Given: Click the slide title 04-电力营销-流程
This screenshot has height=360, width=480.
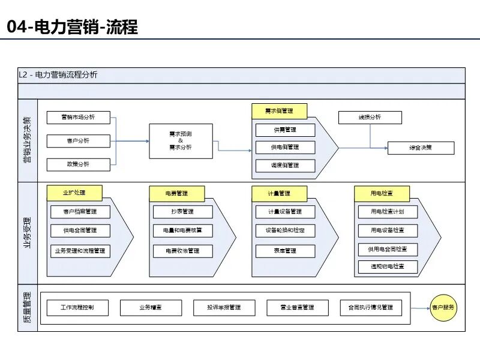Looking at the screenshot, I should point(72,27).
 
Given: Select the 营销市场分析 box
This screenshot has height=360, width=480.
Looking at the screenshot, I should point(79,118).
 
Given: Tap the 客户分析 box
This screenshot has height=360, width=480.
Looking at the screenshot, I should point(79,142).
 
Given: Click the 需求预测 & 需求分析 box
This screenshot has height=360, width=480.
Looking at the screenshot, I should point(181,141).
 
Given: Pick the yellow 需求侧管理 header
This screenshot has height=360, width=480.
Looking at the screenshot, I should point(279,111).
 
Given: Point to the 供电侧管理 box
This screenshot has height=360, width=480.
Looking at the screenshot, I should point(285,147).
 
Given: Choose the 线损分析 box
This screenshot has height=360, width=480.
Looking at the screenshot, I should point(370,118).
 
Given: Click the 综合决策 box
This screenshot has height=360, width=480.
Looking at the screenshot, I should point(421,148).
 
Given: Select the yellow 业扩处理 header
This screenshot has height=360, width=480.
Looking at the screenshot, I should point(74,193).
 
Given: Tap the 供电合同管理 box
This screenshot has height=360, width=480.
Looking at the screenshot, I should point(82,230).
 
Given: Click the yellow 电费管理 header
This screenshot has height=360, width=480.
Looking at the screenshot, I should point(177,193).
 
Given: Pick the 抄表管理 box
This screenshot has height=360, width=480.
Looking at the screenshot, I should point(182,212).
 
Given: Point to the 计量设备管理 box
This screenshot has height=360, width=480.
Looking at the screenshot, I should point(285,212).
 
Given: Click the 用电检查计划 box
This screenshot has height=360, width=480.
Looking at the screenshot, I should point(387,212).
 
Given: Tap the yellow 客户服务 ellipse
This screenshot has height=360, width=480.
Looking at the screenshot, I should point(444,308).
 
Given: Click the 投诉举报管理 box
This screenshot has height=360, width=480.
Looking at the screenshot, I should point(224,308).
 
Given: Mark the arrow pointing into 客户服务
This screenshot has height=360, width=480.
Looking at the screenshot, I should point(420,308).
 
